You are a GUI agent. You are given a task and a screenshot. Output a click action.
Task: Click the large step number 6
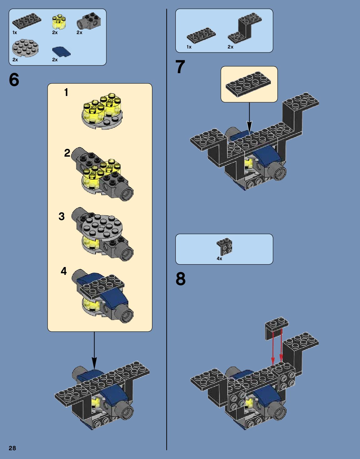[14, 80]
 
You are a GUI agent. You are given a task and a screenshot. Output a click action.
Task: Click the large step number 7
[180, 67]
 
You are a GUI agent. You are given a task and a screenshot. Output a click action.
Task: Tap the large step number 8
[180, 279]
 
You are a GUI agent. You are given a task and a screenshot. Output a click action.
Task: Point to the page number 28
[12, 448]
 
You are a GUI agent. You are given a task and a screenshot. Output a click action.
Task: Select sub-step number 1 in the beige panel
[66, 92]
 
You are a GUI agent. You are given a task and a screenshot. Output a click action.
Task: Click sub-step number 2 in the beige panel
[67, 153]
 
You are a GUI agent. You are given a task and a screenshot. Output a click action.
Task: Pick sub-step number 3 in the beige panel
[62, 216]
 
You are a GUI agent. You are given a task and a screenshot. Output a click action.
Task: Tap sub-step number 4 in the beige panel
[64, 271]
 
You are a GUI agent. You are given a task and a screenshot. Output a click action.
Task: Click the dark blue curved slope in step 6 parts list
[61, 52]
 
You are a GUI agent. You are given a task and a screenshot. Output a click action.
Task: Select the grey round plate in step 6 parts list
[26, 48]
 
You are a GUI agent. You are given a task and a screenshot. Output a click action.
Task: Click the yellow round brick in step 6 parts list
[58, 22]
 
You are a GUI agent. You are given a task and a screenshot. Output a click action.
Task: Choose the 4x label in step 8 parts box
[219, 259]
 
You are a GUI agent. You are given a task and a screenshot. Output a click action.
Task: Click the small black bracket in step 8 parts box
[224, 246]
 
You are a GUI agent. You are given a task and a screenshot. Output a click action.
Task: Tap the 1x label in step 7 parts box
[189, 47]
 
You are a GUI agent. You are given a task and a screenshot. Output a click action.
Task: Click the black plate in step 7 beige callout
[248, 83]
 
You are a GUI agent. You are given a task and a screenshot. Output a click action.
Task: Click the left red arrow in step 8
[273, 347]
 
